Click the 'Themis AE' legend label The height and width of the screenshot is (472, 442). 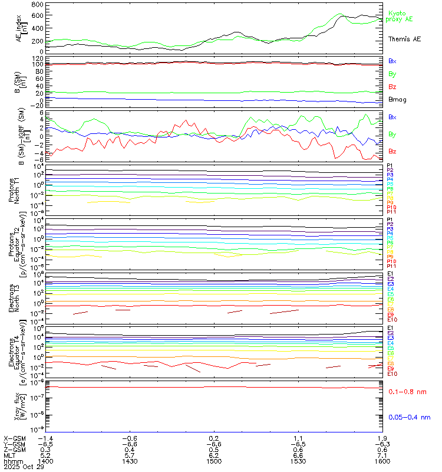[404, 39]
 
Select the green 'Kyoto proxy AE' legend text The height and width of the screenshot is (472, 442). [400, 16]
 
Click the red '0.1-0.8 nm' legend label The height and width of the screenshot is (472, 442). [407, 392]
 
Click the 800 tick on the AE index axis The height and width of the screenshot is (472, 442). [36, 5]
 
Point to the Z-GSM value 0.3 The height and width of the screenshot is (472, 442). [45, 445]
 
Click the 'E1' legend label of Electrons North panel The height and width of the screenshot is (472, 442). [390, 274]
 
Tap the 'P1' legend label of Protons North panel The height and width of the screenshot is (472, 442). [390, 165]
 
